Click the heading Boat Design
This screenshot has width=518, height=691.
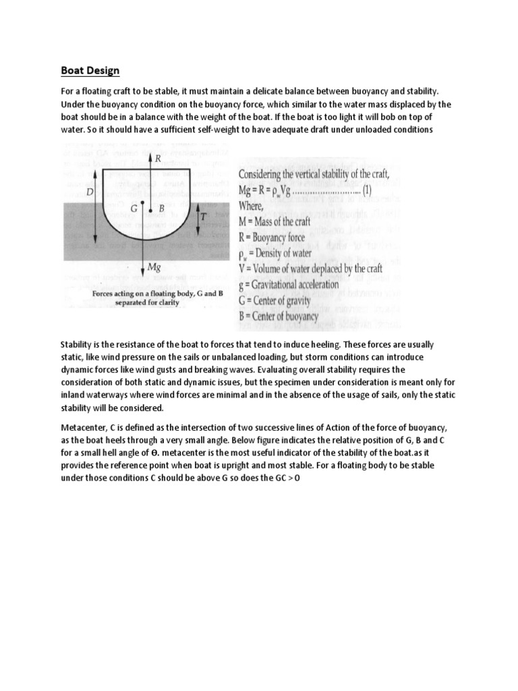click(90, 70)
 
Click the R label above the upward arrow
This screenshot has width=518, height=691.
click(158, 160)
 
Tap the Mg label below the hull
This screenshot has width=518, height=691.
click(154, 268)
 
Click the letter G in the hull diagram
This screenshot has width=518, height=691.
click(135, 209)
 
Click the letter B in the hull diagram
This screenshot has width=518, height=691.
click(161, 209)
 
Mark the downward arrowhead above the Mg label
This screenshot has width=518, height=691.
click(150, 256)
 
